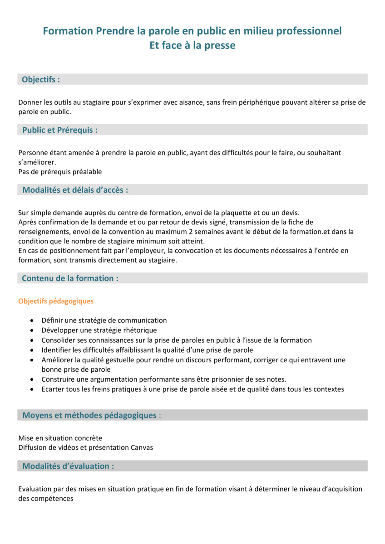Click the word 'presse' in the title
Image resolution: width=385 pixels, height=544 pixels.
tap(221, 45)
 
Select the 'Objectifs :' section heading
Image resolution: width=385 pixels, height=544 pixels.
tap(41, 79)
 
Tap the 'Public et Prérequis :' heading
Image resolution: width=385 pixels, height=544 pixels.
tap(60, 130)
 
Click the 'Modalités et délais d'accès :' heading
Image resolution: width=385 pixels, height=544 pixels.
tap(75, 190)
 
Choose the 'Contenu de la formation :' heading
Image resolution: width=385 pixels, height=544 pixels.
tap(70, 278)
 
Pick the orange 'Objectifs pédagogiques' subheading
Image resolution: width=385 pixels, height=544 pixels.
tap(56, 301)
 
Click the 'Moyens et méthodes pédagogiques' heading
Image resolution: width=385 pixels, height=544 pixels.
tap(89, 415)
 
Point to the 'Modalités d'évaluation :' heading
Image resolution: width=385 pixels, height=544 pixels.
tap(68, 466)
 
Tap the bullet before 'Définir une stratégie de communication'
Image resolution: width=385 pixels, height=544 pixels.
tap(31, 321)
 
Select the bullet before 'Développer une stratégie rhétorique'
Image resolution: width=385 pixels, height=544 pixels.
tap(31, 330)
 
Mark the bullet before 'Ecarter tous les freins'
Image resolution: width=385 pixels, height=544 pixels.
tap(31, 389)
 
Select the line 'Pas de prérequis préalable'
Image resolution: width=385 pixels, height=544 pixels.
tap(60, 172)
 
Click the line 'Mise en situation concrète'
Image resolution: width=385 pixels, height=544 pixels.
tap(60, 438)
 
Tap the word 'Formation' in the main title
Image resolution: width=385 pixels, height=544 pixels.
tap(68, 31)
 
